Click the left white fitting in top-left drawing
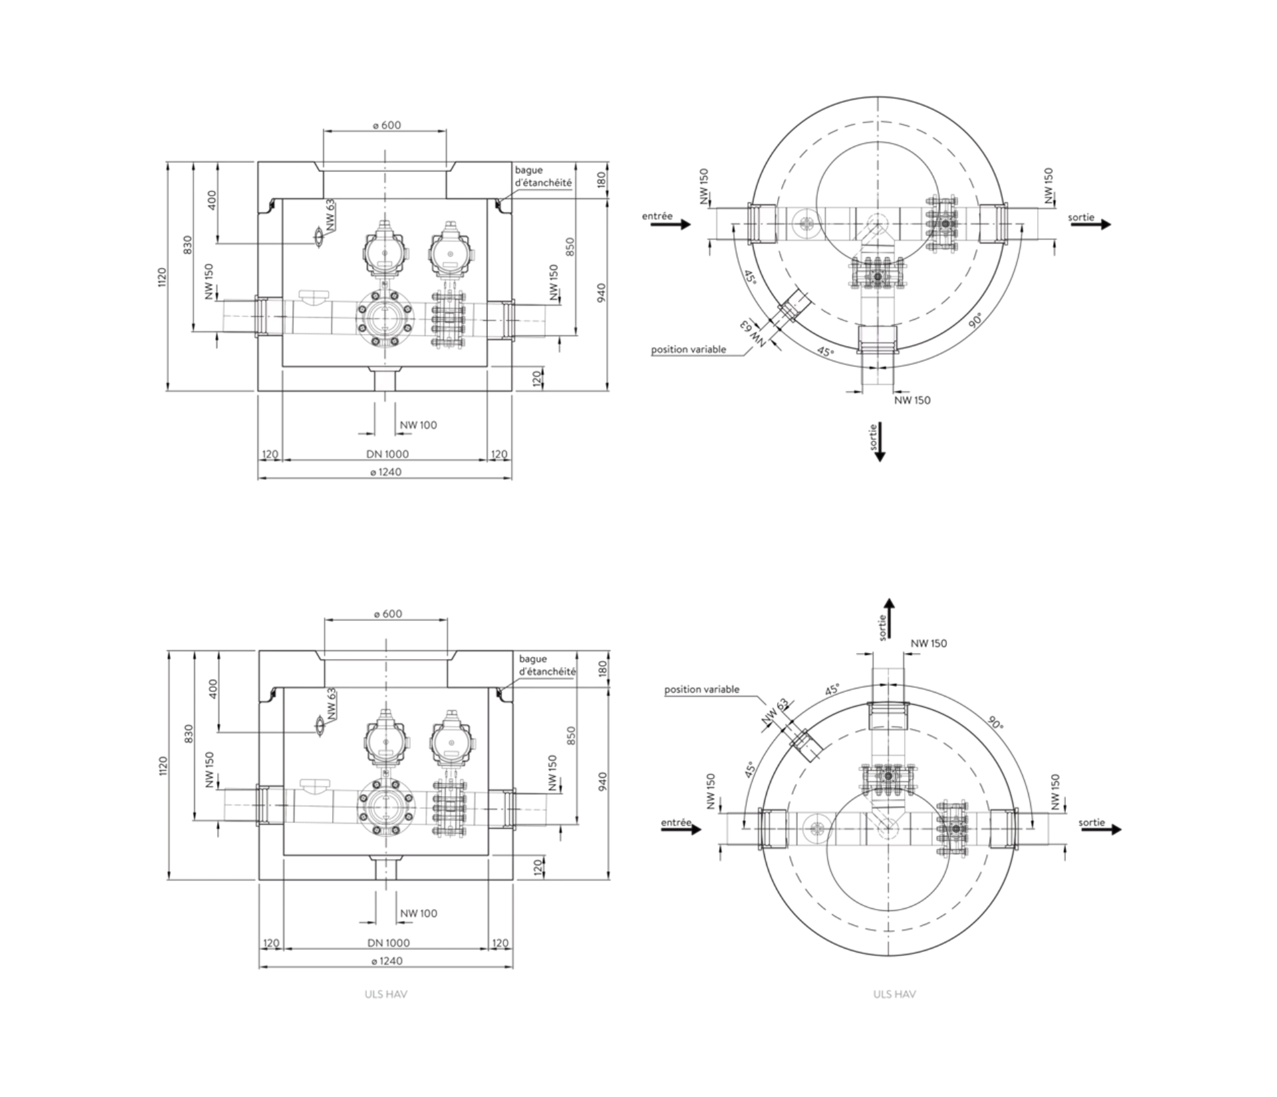point(269,317)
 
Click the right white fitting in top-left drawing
point(500,318)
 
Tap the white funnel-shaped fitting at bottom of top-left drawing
point(384,378)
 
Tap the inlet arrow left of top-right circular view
point(670,225)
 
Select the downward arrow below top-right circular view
point(880,441)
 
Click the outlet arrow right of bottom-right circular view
point(1101,830)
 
